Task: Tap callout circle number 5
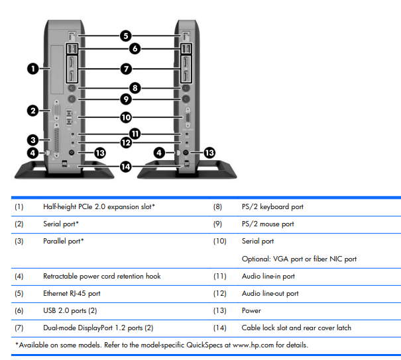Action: tap(126, 36)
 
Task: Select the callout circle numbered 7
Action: tap(127, 68)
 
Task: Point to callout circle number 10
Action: tap(127, 117)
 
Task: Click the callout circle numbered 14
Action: tap(127, 166)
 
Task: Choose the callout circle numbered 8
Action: tap(135, 87)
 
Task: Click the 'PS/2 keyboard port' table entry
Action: tap(272, 206)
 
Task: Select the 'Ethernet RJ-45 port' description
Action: tap(72, 293)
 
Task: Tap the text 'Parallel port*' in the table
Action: tap(64, 241)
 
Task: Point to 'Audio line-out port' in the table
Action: tap(270, 293)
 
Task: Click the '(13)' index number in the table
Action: tap(220, 310)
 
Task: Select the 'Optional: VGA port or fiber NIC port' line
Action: tap(299, 259)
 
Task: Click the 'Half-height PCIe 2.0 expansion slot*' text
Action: tap(99, 206)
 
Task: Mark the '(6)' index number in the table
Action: tap(19, 310)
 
